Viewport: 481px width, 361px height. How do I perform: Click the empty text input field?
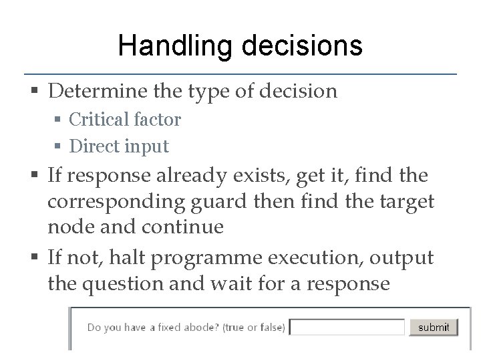coord(347,327)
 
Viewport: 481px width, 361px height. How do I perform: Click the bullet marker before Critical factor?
coord(58,120)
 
